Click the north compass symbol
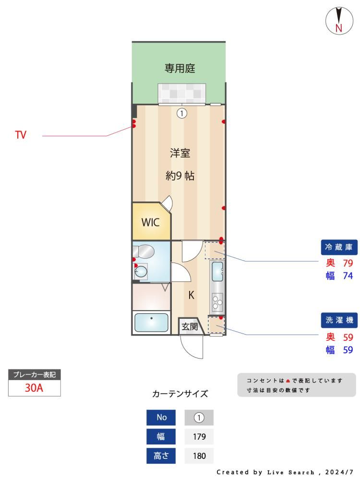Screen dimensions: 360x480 click(x=339, y=21)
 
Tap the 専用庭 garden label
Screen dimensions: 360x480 click(x=180, y=68)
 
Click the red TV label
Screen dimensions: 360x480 click(x=21, y=135)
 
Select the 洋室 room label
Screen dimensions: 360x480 click(x=180, y=153)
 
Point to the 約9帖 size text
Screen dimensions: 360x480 click(x=180, y=176)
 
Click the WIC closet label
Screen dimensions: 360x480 click(x=150, y=222)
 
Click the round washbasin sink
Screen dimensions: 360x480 click(x=141, y=271)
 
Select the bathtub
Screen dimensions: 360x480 click(x=151, y=323)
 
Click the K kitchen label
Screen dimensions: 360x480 click(x=192, y=295)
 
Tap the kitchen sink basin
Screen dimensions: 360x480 click(x=217, y=271)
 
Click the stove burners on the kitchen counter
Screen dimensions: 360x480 click(x=217, y=301)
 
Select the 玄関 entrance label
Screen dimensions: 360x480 click(x=190, y=326)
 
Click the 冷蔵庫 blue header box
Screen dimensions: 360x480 click(x=339, y=247)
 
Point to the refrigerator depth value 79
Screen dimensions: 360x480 click(x=348, y=263)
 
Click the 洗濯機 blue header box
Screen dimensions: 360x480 click(x=339, y=320)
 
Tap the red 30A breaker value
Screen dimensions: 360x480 click(x=34, y=388)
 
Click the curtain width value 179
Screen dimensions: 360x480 click(x=199, y=436)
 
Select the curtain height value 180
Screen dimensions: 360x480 click(x=199, y=456)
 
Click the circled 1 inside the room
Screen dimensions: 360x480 click(x=182, y=114)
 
